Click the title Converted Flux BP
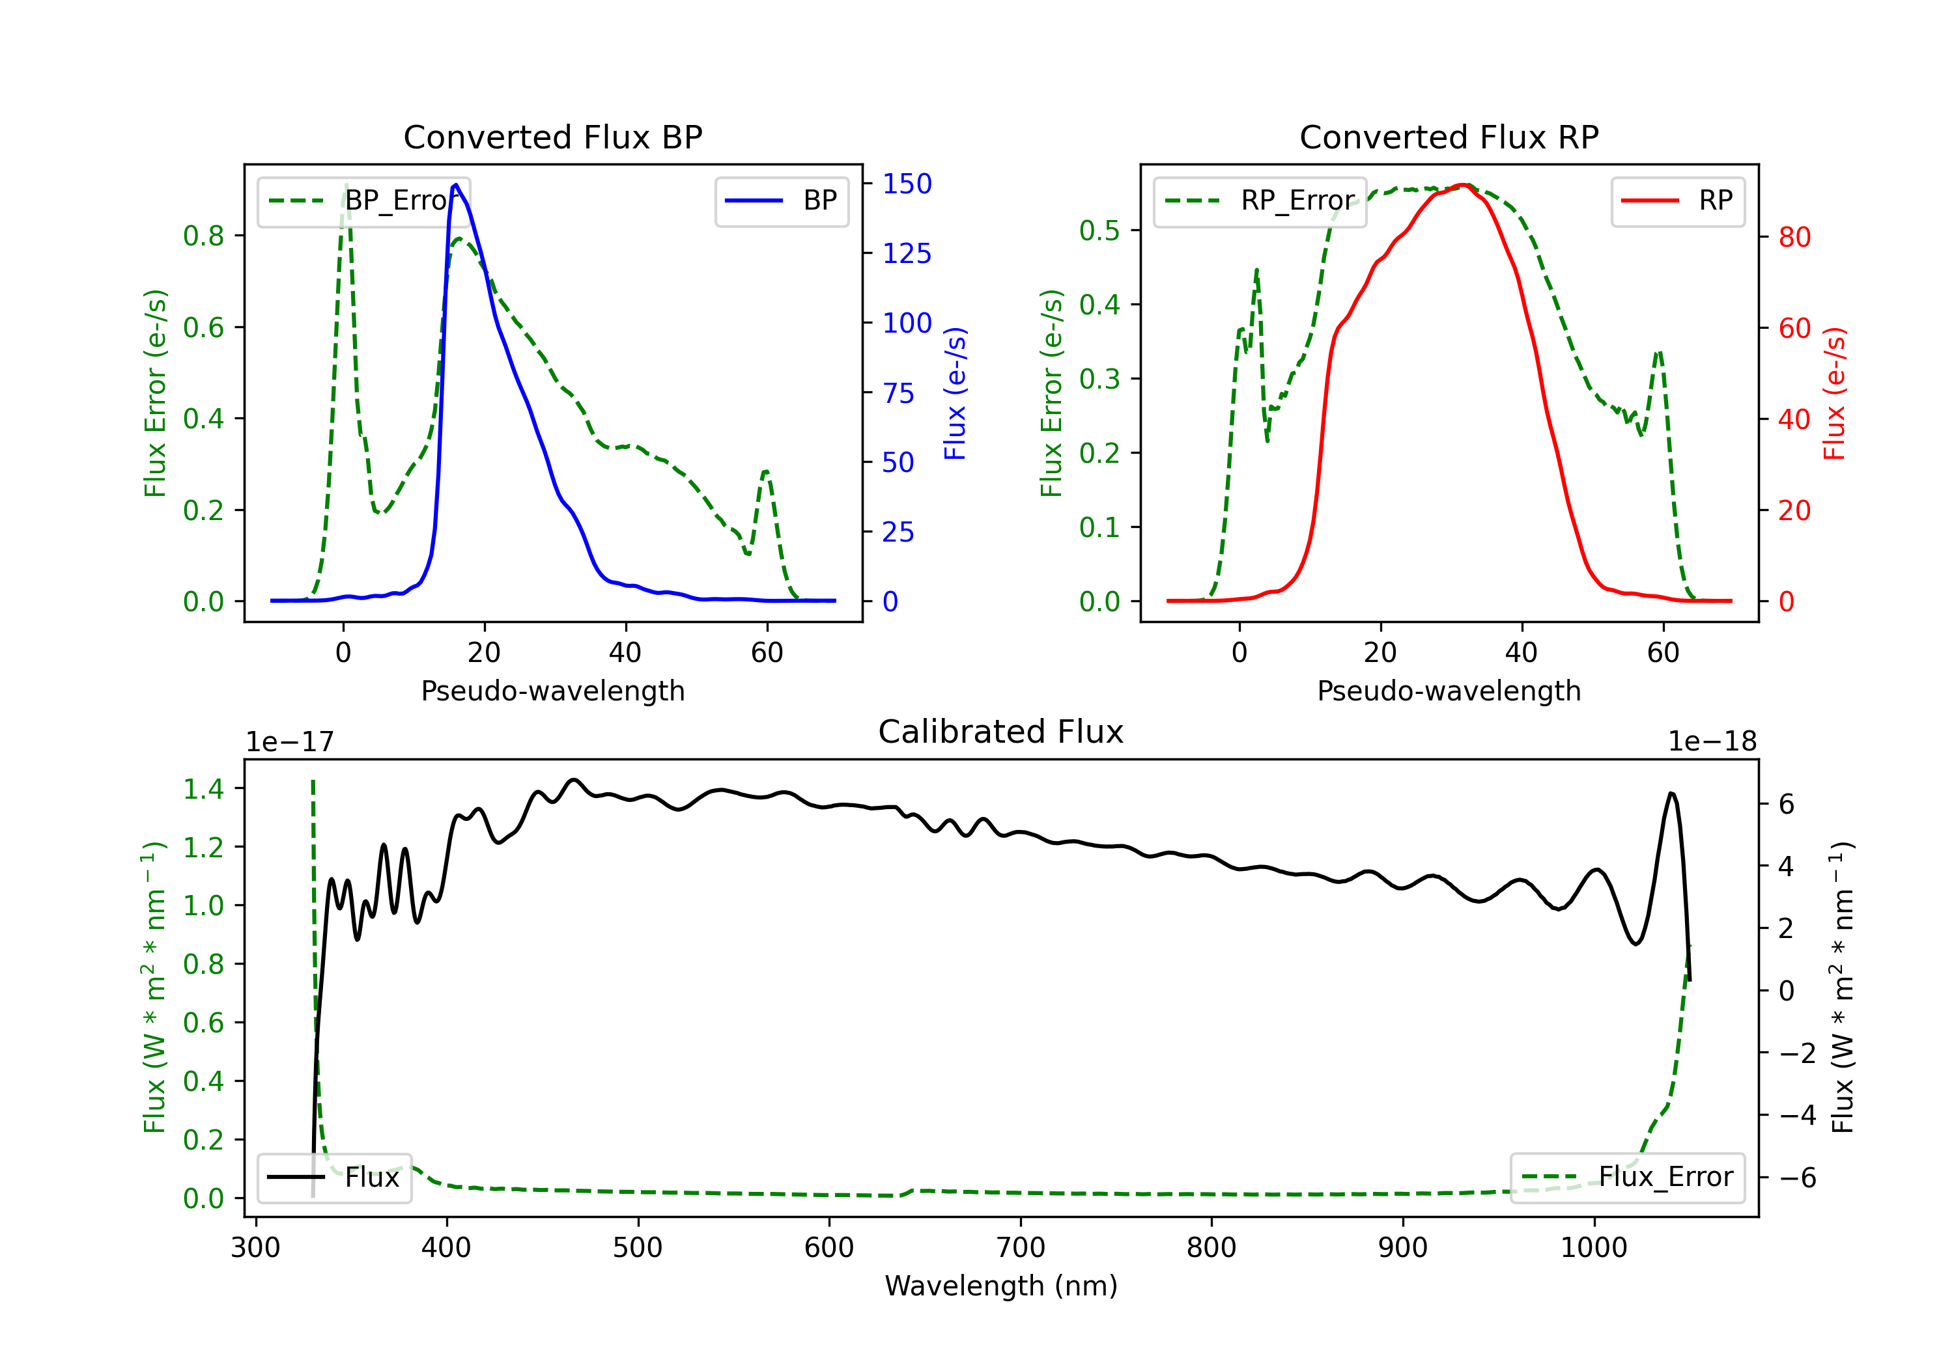[x=553, y=137]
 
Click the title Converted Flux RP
[x=1449, y=137]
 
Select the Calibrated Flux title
[x=1001, y=732]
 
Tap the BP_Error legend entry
[x=363, y=200]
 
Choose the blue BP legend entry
[x=781, y=200]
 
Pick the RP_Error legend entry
[x=1260, y=200]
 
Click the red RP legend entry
[x=1677, y=200]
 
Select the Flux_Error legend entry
[x=1627, y=1178]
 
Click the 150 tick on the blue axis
[x=907, y=184]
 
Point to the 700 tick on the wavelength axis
[x=1021, y=1248]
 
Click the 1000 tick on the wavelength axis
[x=1594, y=1248]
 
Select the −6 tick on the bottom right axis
[x=1798, y=1178]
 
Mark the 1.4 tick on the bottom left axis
[x=203, y=790]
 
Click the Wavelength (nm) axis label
[x=1001, y=1286]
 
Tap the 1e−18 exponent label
[x=1712, y=742]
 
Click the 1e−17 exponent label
[x=290, y=742]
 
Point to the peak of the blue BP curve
[x=456, y=185]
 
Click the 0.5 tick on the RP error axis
[x=1099, y=230]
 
